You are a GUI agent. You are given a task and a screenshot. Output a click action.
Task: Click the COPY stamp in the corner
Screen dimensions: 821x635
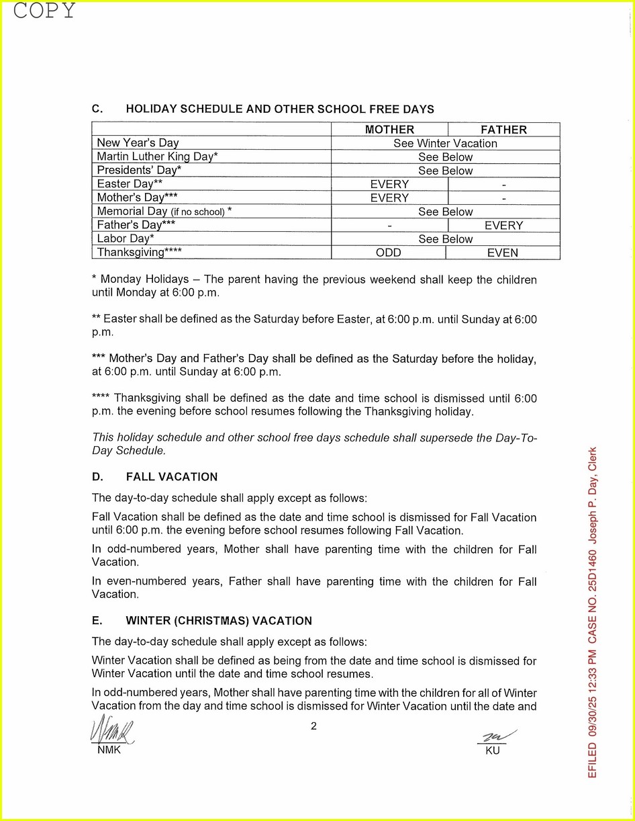(x=44, y=11)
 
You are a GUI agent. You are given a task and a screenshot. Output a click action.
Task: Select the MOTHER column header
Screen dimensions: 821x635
(x=389, y=130)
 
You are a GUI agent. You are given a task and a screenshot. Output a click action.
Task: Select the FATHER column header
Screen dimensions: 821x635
(x=503, y=130)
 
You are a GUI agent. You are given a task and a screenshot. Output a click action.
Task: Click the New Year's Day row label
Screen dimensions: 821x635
(x=138, y=143)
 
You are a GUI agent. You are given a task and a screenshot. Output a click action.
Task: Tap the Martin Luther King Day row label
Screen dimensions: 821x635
(x=157, y=157)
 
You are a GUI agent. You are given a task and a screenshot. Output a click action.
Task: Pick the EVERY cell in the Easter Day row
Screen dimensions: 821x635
(x=389, y=184)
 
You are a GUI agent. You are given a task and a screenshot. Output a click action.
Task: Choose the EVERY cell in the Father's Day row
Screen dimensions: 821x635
(x=503, y=226)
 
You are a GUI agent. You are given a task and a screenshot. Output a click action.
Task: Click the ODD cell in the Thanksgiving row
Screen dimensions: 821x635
(x=389, y=253)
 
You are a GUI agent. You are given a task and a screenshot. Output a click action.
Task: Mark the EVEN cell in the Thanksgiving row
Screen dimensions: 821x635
(x=503, y=253)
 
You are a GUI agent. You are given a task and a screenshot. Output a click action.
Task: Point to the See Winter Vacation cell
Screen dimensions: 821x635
(x=445, y=143)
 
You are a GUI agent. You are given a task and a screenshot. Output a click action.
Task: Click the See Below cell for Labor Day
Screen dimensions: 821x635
(x=445, y=239)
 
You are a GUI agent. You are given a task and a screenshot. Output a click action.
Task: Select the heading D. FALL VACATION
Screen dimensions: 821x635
(x=154, y=477)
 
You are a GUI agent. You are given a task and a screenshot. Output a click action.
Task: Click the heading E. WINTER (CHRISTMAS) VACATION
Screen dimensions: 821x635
(x=201, y=621)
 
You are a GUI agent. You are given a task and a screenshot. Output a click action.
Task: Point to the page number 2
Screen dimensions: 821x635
(x=313, y=726)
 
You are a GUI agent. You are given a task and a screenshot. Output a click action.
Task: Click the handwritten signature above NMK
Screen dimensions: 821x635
(x=111, y=730)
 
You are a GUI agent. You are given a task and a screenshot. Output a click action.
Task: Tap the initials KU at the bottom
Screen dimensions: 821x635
(x=493, y=750)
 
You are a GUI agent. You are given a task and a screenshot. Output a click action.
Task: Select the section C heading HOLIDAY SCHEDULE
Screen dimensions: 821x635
(x=263, y=109)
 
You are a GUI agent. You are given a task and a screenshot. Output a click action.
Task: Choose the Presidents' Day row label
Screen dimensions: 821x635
(x=139, y=171)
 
